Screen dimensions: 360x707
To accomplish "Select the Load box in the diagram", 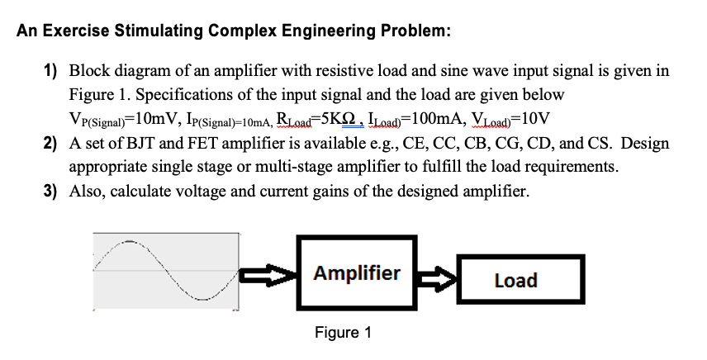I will point(515,281).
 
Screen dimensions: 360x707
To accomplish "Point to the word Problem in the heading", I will point(415,32).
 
